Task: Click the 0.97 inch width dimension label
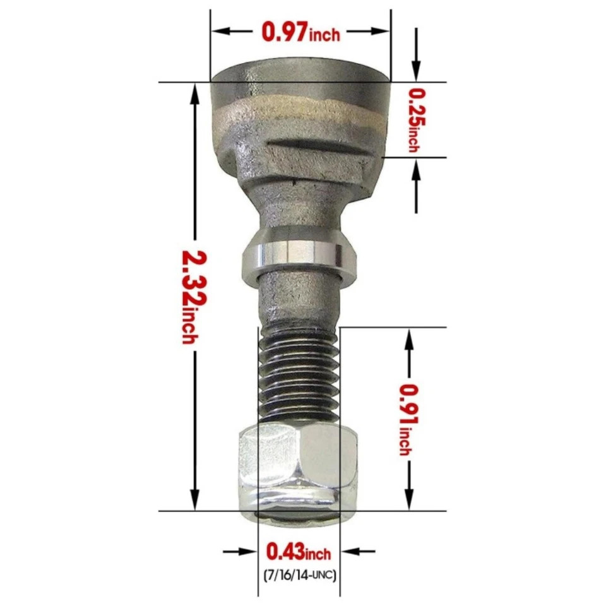[x=300, y=32]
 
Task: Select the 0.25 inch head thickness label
[x=416, y=120]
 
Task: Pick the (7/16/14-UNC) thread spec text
[x=298, y=575]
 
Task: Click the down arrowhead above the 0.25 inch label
[x=416, y=71]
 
